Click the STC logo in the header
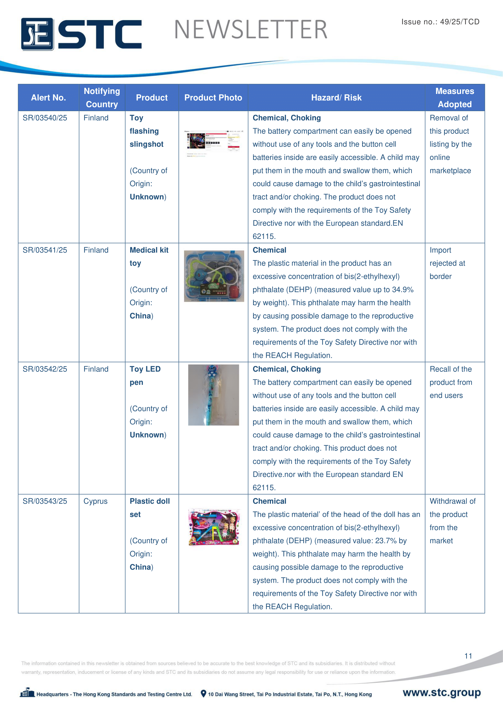coord(81,34)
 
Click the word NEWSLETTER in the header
coord(251,30)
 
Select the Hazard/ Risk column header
coord(336,98)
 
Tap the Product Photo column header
coord(213,98)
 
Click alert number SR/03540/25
coord(45,118)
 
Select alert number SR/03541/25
coord(45,250)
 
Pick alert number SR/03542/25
coord(45,369)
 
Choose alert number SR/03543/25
coord(45,501)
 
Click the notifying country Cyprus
coord(95,501)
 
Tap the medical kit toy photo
coord(214,276)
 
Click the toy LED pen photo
coord(213,395)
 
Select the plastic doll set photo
coord(214,527)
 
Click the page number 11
coord(468,656)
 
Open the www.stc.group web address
coord(442,692)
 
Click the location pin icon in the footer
coord(203,694)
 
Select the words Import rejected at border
coord(447,263)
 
